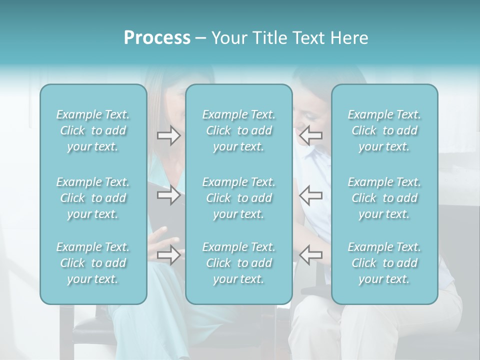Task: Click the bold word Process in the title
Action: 157,38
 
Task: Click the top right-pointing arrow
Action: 168,135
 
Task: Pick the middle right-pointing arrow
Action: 168,194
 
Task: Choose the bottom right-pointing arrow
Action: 168,255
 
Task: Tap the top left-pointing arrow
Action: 311,134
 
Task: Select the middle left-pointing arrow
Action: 311,194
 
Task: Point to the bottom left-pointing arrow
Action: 311,254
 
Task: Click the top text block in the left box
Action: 93,130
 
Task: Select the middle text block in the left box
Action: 93,198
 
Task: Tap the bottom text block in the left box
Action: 93,263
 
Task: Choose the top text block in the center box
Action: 239,130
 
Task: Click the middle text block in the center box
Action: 239,198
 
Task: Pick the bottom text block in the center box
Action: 239,263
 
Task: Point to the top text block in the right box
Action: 384,130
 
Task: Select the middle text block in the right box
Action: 384,198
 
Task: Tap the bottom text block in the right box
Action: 384,263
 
